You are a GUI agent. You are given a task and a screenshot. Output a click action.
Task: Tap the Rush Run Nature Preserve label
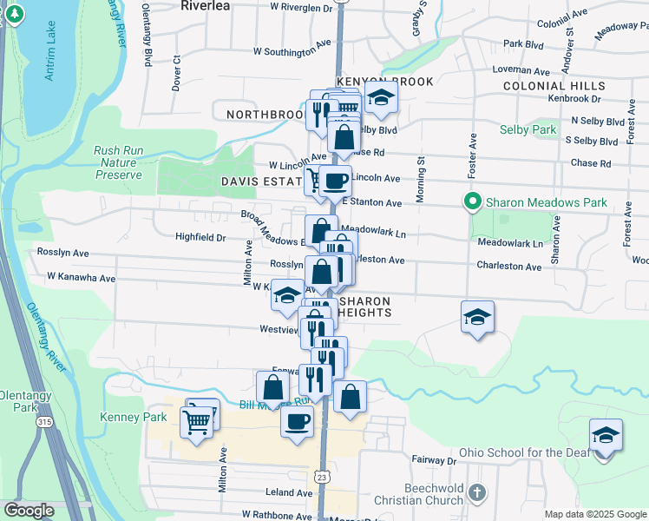[x=118, y=162]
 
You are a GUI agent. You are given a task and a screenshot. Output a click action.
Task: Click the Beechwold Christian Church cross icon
[x=476, y=493]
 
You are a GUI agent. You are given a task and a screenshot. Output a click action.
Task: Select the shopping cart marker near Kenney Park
[x=197, y=423]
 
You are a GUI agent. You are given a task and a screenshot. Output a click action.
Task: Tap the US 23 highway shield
[x=322, y=477]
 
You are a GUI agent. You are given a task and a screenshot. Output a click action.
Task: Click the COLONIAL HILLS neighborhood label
[x=554, y=87]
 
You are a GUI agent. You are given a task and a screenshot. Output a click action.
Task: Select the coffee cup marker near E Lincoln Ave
[x=335, y=181]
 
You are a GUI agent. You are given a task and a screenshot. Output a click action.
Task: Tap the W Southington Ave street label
[x=292, y=51]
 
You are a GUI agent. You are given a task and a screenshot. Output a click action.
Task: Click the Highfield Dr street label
[x=200, y=237]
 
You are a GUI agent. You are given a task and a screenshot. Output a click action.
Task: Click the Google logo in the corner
[x=29, y=511]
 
